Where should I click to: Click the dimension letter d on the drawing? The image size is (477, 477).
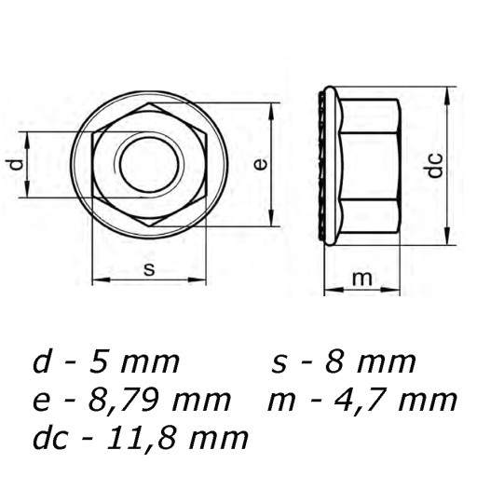[17, 165]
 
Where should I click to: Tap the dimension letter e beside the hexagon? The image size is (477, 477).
[260, 164]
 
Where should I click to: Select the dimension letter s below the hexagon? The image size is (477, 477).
[149, 269]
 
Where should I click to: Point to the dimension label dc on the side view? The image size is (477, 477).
[435, 165]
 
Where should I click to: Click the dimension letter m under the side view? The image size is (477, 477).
[362, 279]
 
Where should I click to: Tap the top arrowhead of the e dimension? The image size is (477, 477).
[272, 111]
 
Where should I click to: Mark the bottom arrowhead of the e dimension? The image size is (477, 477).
[272, 218]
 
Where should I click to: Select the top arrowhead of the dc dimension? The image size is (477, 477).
[447, 95]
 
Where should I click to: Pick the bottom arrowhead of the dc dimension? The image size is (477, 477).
[447, 237]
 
